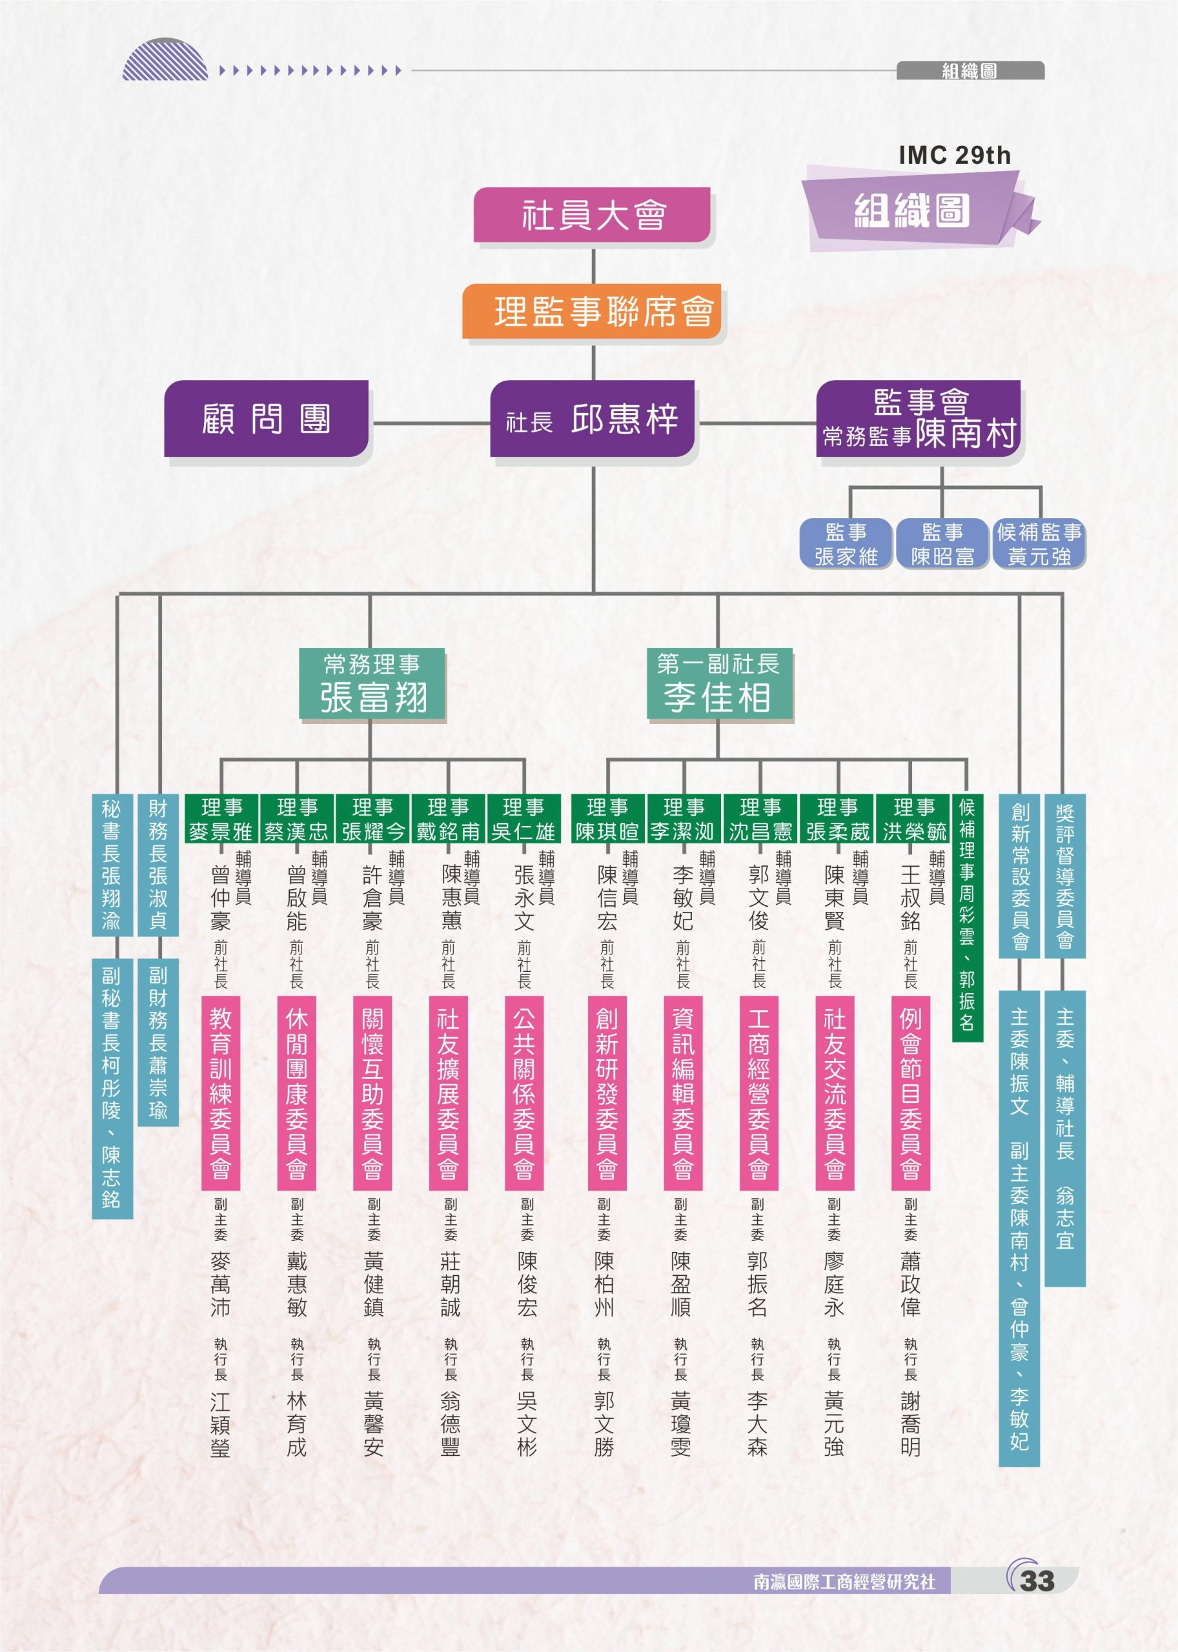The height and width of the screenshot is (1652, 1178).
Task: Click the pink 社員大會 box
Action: coord(592,215)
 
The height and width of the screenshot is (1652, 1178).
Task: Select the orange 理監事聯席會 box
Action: coord(592,311)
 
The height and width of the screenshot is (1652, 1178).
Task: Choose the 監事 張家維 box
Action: coord(846,544)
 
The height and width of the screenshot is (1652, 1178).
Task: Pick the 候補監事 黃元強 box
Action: coord(1039,544)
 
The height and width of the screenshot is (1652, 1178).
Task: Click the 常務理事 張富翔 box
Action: coord(371,683)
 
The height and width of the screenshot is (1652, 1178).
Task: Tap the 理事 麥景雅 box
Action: coord(221,819)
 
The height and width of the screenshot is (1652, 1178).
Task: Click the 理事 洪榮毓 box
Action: coord(913,819)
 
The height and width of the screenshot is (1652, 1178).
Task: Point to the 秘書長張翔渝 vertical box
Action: coord(112,865)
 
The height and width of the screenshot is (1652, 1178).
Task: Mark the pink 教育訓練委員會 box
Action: coord(221,1093)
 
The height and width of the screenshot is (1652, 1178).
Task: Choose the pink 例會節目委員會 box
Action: coord(910,1093)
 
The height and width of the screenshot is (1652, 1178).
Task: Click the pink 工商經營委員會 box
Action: coord(758,1093)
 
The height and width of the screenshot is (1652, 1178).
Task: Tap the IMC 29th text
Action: coord(954,155)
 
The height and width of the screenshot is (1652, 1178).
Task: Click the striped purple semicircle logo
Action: coord(165,59)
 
